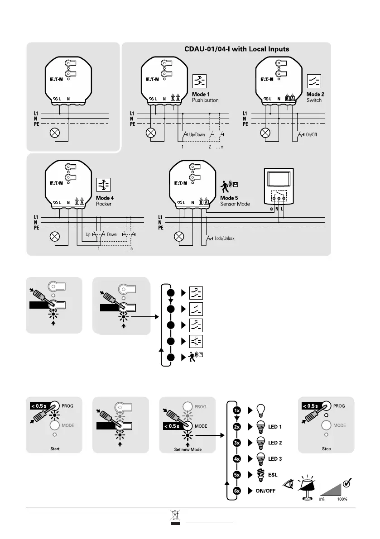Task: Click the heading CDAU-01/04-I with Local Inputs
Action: (237, 48)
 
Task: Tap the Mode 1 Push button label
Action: (205, 97)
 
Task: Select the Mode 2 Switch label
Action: (315, 97)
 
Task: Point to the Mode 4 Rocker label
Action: (104, 201)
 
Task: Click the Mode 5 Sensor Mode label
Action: (236, 201)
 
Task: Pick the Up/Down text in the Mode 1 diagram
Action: (197, 135)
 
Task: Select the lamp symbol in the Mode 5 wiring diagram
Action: (180, 236)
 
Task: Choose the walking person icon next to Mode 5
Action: (225, 186)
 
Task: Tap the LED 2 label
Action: (274, 443)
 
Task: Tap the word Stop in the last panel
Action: (326, 449)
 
